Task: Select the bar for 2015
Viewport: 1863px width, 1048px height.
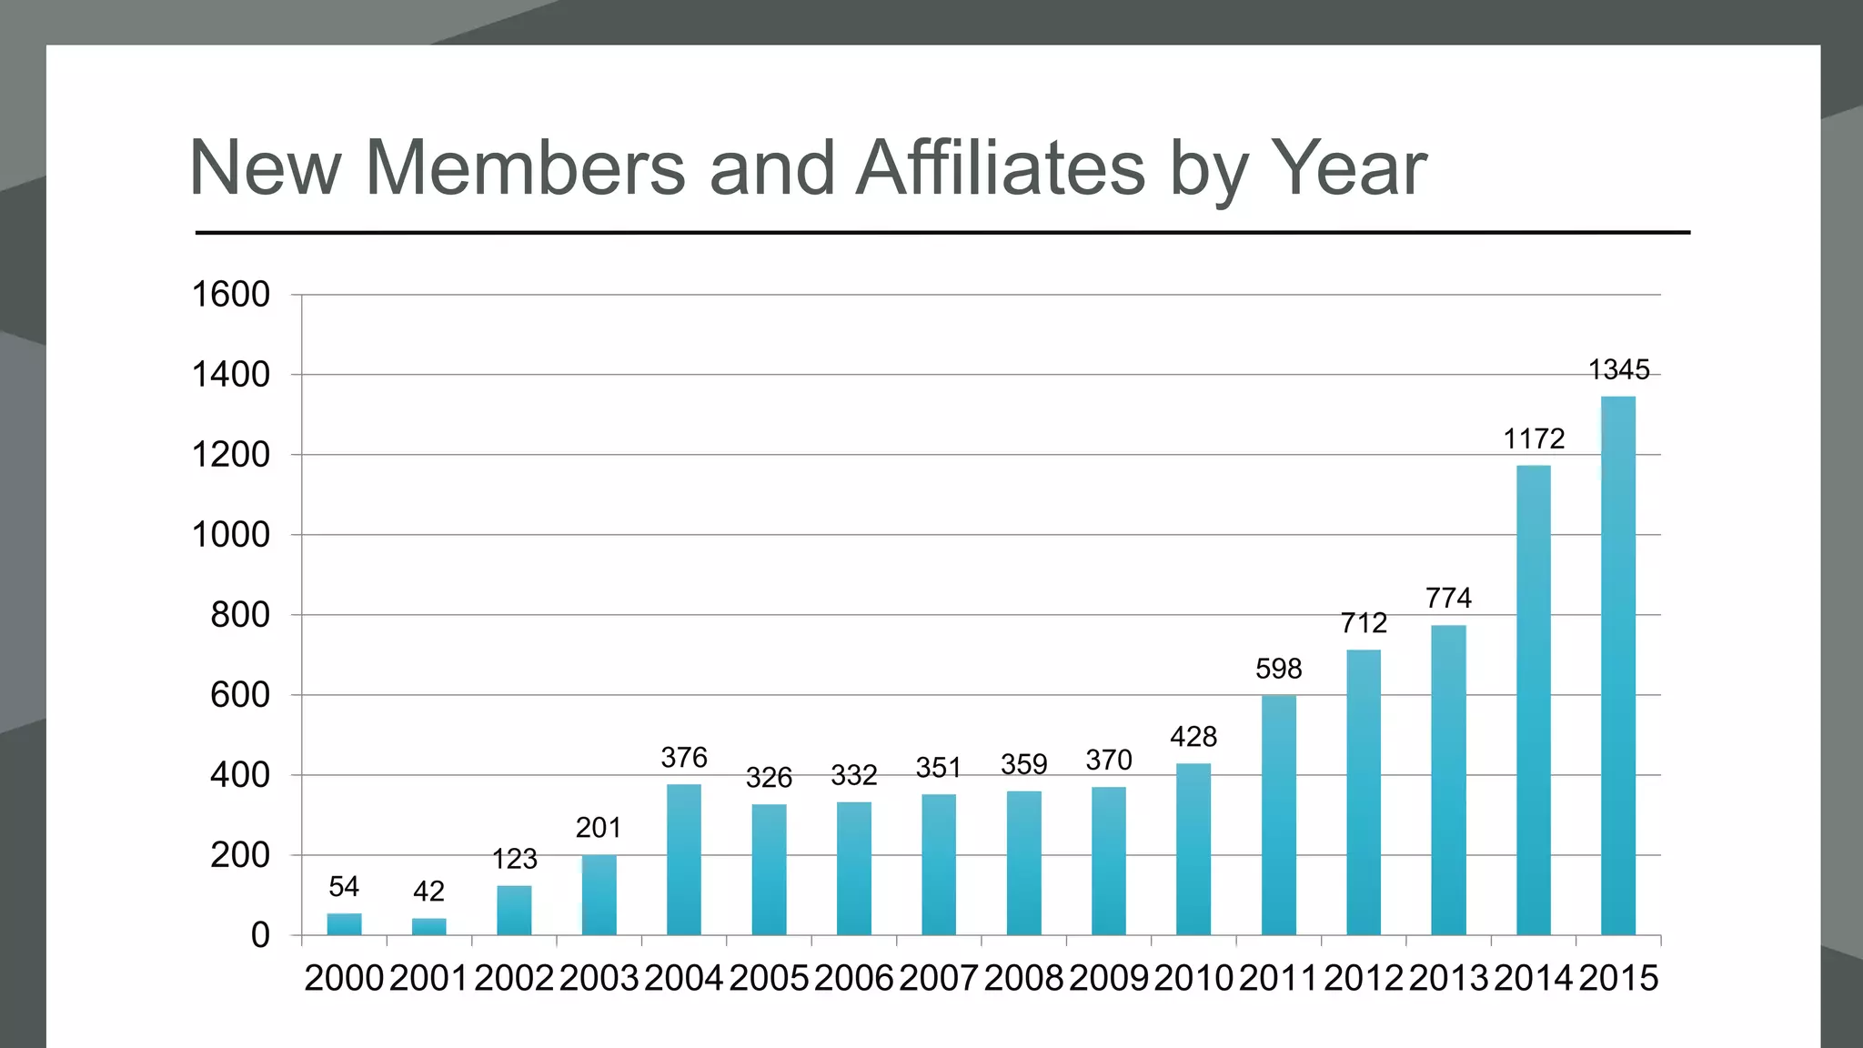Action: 1617,666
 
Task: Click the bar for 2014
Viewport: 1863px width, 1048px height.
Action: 1533,700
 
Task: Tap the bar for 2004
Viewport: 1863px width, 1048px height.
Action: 683,860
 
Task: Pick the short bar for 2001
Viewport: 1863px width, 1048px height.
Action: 428,927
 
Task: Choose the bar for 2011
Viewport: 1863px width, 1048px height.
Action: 1278,815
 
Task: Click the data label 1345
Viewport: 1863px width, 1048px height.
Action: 1618,370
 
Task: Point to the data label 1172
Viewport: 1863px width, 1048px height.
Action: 1534,439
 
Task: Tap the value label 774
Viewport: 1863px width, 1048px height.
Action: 1448,599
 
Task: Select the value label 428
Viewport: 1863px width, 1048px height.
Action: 1193,737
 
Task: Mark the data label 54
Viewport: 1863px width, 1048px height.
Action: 344,887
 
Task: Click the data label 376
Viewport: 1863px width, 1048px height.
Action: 683,758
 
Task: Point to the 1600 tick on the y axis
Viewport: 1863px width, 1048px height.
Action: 231,295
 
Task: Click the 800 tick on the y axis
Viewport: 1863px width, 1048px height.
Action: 240,616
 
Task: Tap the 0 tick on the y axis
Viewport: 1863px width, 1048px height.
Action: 260,935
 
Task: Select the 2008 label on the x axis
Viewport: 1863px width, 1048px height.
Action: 1023,979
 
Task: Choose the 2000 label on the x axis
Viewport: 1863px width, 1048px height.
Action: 344,979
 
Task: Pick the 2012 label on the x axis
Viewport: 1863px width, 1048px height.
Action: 1363,979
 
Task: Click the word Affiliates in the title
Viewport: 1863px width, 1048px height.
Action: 1000,168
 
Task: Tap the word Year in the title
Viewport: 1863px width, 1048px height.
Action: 1347,168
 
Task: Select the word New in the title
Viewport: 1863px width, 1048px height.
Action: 265,168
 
